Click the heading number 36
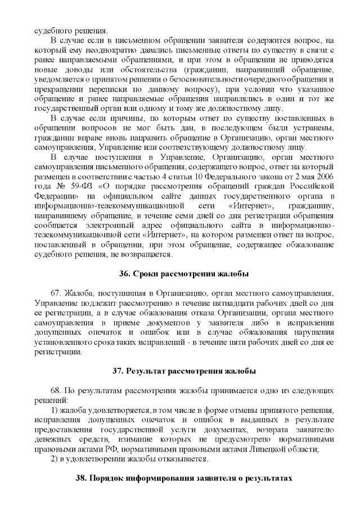[125, 274]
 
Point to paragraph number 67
[56, 294]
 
